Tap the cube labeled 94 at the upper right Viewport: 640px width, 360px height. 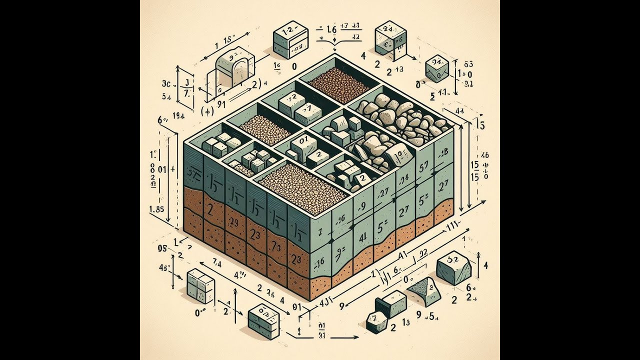pyautogui.click(x=436, y=68)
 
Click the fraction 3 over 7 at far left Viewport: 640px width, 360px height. pyautogui.click(x=185, y=87)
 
